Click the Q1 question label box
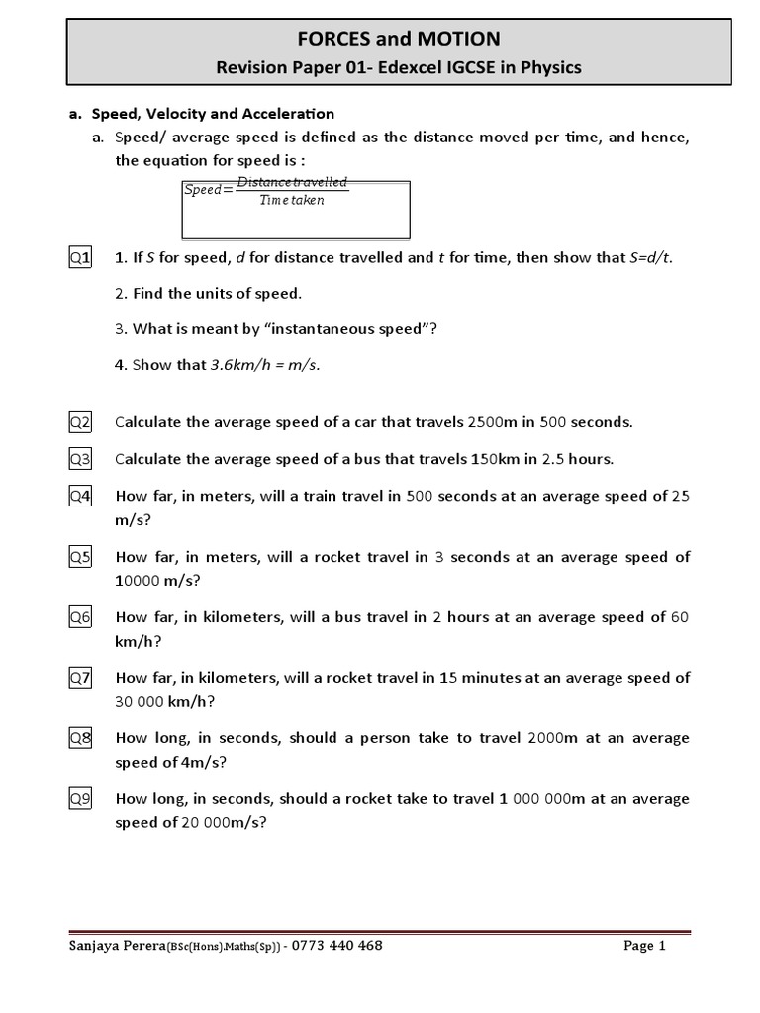click(80, 258)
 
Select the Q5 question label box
click(80, 557)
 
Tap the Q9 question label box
click(80, 798)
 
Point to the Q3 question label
click(80, 459)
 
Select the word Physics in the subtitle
click(554, 67)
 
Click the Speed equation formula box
click(297, 209)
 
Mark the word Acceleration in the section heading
click(287, 114)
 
